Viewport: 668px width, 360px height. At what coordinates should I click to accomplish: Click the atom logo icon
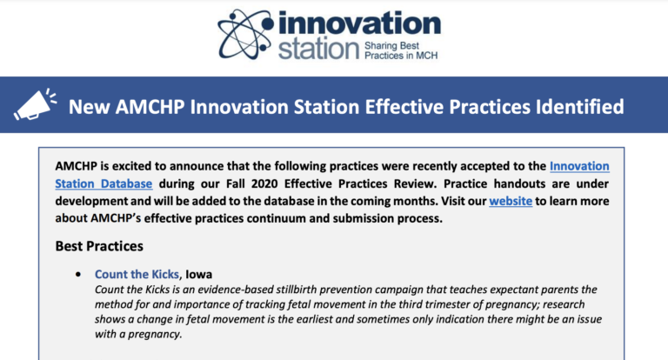tap(245, 35)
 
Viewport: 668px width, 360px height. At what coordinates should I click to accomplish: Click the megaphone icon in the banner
tap(35, 104)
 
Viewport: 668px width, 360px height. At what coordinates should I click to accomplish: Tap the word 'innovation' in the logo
tap(359, 23)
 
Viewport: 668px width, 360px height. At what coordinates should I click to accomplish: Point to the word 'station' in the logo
tap(319, 50)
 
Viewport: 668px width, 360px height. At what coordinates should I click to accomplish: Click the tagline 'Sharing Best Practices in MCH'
tap(401, 50)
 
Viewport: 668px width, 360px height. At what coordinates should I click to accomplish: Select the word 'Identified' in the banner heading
tap(580, 106)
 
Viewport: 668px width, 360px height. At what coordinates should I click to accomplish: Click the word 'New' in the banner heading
tap(89, 107)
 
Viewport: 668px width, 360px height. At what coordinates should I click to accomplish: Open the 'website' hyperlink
tap(511, 201)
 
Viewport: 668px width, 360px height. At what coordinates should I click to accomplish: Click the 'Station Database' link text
tap(104, 183)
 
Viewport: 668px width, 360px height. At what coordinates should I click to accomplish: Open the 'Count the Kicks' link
tap(137, 274)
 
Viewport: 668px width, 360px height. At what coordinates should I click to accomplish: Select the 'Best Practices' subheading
tap(99, 246)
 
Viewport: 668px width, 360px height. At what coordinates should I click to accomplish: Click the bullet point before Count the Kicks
tap(78, 275)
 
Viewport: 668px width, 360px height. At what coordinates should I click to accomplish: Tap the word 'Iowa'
tap(198, 274)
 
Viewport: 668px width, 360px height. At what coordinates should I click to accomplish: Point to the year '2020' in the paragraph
tap(264, 183)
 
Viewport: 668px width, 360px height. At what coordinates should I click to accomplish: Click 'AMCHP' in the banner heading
tap(150, 107)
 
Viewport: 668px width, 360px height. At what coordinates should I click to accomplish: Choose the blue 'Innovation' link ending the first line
tap(579, 166)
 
